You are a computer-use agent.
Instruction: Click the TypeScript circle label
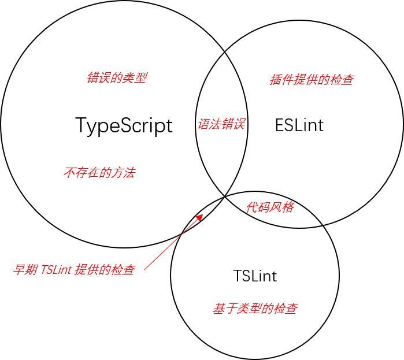click(124, 125)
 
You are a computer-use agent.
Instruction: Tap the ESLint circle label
click(299, 125)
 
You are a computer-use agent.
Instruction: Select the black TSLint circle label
click(255, 276)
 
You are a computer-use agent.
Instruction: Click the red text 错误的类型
click(117, 78)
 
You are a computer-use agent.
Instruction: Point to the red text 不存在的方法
click(99, 173)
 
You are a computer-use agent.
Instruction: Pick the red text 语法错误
click(221, 124)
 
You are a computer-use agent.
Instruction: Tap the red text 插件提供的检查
click(312, 80)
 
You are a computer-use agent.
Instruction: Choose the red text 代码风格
click(270, 207)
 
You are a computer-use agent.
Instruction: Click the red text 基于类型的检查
click(255, 308)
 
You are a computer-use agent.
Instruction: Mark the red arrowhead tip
click(203, 214)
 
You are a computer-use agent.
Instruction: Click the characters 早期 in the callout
click(25, 270)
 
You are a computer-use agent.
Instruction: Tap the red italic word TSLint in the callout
click(56, 270)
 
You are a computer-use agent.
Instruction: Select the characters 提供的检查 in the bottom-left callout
click(105, 270)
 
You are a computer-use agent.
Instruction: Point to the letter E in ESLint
click(279, 125)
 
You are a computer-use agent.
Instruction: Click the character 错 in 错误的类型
click(93, 78)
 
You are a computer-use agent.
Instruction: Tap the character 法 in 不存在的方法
click(129, 173)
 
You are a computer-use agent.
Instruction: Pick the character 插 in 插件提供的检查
click(276, 80)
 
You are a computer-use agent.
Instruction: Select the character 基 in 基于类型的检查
click(219, 308)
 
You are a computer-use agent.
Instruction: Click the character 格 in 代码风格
click(288, 207)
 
